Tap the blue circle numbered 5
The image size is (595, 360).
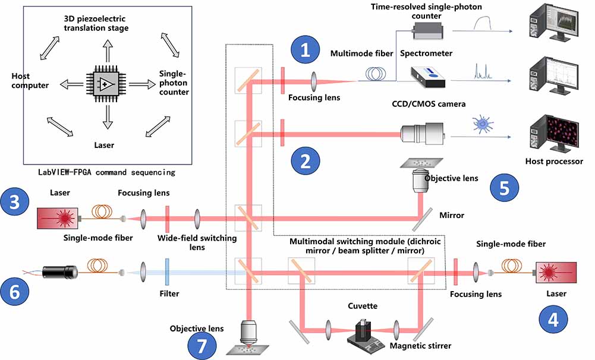[504, 188]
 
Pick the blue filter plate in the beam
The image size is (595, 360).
[169, 271]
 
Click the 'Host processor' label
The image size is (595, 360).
[554, 161]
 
